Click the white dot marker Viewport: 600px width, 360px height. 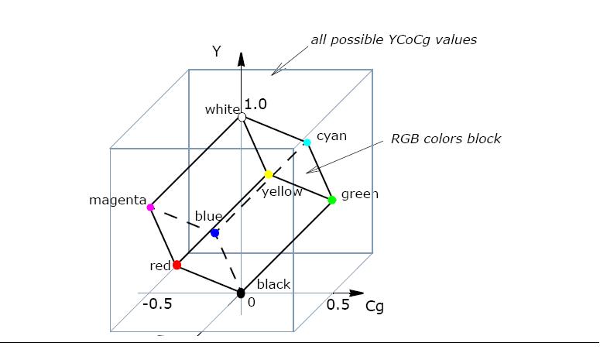242,117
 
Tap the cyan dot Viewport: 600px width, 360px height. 307,142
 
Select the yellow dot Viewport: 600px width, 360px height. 269,175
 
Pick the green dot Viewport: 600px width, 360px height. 332,200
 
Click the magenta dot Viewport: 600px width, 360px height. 150,207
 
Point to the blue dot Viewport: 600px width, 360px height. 214,233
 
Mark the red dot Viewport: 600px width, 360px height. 177,265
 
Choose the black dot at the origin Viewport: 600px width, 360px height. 241,293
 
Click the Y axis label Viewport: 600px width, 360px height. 217,52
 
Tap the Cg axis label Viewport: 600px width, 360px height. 375,307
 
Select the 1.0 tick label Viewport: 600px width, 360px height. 255,105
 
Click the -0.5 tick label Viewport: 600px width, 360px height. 157,303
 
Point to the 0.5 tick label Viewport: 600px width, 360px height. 338,304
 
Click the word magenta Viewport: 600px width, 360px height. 118,201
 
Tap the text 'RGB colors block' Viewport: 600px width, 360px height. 445,139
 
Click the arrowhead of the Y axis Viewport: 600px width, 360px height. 241,59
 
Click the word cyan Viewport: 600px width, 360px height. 331,136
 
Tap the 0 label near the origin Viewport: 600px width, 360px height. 251,303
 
